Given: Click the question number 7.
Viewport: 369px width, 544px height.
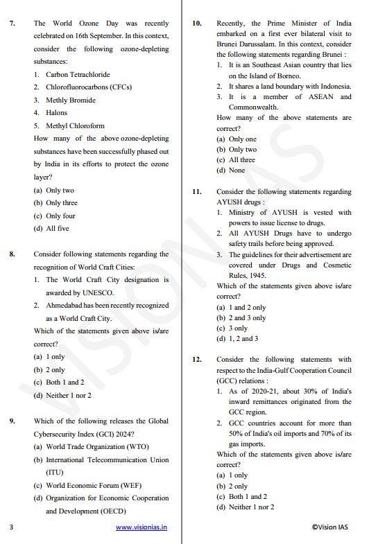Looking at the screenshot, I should [x=12, y=24].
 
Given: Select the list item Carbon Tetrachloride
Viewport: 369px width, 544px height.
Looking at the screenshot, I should [x=78, y=74].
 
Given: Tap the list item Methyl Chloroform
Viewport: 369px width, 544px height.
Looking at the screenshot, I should [x=75, y=125].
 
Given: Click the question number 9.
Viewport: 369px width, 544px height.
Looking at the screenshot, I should [x=12, y=421].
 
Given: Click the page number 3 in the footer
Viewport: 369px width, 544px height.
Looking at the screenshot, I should [x=11, y=527].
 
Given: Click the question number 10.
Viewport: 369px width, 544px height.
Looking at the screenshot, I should [x=197, y=24].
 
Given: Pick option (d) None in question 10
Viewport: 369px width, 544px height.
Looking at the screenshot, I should [x=231, y=170].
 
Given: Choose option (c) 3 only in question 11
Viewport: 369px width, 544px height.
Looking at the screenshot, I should [x=232, y=328].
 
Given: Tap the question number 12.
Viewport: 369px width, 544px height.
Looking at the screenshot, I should [x=197, y=360].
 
